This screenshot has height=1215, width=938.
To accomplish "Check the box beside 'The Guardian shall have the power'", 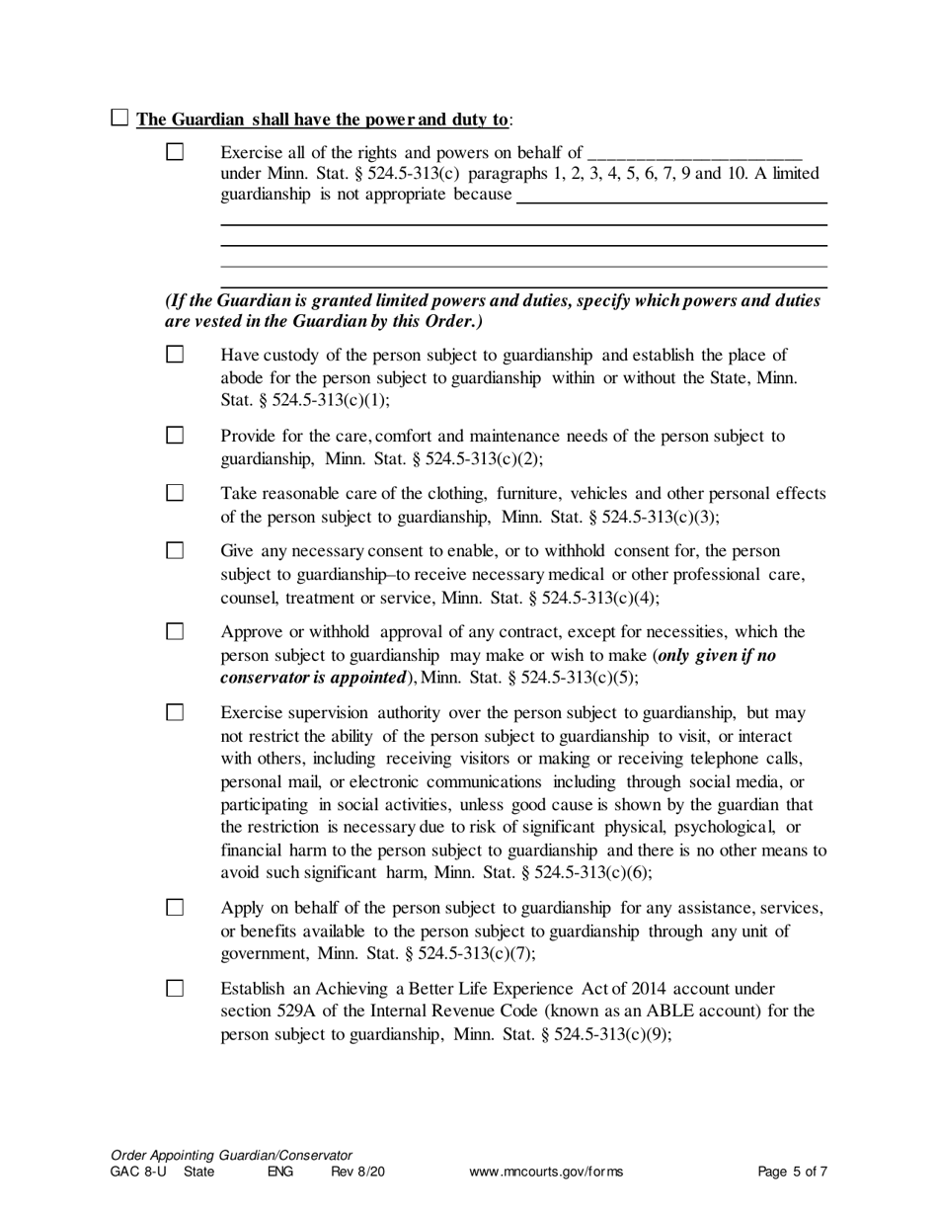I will [x=119, y=119].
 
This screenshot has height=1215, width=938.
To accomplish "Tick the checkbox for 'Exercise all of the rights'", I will [x=175, y=152].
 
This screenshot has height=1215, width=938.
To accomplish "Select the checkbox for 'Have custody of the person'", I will [x=175, y=354].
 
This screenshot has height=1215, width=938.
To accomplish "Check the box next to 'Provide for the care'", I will [x=175, y=435].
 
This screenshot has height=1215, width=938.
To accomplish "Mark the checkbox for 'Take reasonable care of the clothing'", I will [x=175, y=492].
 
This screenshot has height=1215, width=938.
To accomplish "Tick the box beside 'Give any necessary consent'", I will [x=175, y=550].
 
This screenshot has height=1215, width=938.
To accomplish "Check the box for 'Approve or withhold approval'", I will [x=175, y=631].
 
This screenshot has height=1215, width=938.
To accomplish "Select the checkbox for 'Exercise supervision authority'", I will [x=175, y=712].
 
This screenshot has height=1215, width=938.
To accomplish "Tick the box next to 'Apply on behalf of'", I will [x=175, y=907].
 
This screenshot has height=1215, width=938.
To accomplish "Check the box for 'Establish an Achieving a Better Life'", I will [x=175, y=988].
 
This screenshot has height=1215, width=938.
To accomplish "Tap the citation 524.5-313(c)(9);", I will [x=615, y=1034].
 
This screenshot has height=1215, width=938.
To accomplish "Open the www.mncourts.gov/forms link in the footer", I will [x=546, y=1172].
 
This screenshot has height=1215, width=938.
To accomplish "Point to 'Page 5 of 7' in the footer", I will [x=792, y=1172].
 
